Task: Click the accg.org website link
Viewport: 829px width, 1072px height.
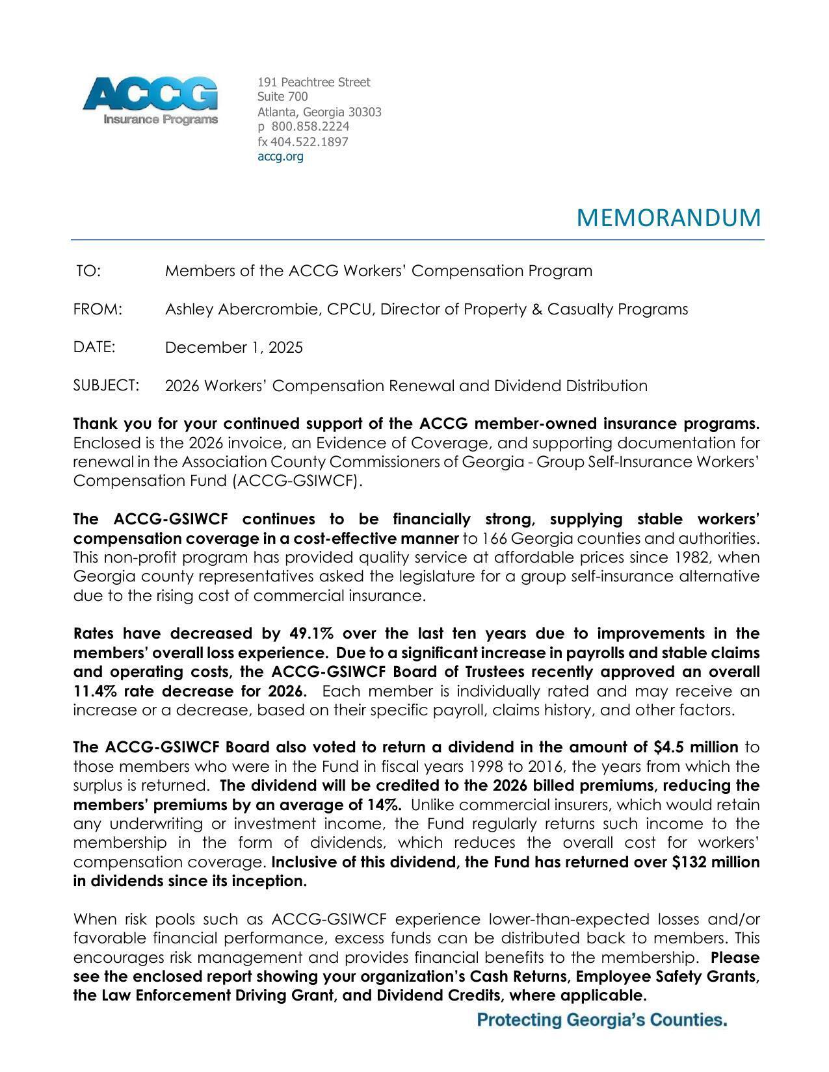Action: (x=280, y=157)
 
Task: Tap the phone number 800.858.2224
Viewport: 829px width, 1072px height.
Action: (x=310, y=126)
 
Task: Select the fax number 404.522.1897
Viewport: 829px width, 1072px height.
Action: (x=309, y=142)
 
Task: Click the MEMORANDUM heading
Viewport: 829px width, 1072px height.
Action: (x=668, y=218)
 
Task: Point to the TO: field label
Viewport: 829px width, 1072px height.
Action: (x=88, y=271)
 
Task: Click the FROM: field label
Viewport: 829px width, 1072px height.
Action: (x=98, y=309)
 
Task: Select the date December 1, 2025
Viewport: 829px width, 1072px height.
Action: (x=233, y=348)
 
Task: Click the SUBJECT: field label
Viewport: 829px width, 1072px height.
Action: (x=106, y=386)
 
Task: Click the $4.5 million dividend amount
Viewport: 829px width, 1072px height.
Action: (x=694, y=747)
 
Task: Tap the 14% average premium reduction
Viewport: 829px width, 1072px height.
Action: (x=384, y=805)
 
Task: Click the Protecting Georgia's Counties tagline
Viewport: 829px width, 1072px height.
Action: (x=601, y=1020)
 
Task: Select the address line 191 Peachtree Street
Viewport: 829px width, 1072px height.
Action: (x=313, y=82)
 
